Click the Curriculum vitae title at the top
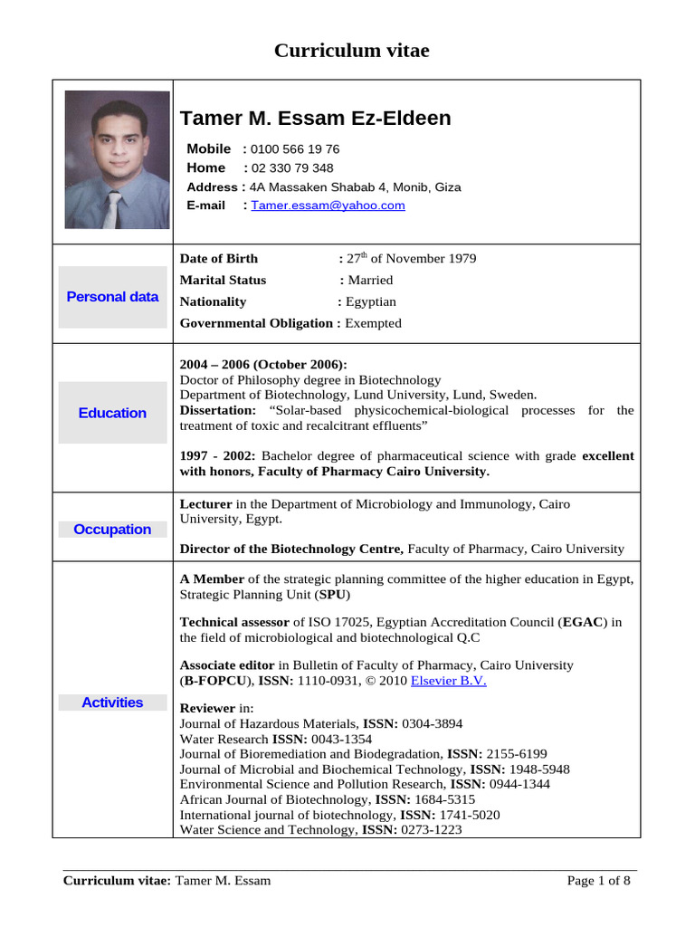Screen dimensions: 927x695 click(351, 51)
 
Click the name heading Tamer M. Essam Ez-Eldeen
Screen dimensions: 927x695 click(315, 119)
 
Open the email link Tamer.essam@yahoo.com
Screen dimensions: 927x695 click(328, 205)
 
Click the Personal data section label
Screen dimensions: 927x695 click(112, 297)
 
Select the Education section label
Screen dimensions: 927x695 click(112, 413)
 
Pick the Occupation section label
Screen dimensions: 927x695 click(112, 530)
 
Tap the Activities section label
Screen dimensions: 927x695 click(112, 702)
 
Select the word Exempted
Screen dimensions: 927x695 click(373, 323)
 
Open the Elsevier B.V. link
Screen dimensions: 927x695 click(449, 681)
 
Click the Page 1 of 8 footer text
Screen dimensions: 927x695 click(598, 881)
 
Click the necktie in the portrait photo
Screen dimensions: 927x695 click(113, 210)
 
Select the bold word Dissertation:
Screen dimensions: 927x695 click(218, 410)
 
